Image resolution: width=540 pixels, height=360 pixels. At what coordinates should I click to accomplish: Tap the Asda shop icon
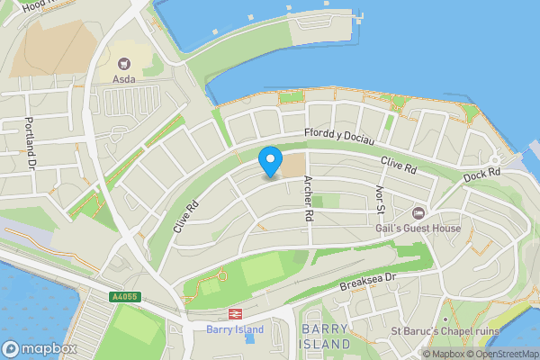point(124,63)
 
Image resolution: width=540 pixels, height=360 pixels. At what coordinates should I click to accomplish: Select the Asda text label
point(124,79)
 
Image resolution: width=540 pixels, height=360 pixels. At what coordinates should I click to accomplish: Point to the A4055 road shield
point(125,295)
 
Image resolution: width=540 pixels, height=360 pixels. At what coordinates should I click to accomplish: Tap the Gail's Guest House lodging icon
point(418,212)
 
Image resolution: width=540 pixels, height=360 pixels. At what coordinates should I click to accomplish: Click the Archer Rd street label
point(308,199)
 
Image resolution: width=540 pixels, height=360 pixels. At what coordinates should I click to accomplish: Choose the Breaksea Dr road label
point(368,284)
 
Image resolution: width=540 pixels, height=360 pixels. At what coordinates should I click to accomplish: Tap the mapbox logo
point(40,348)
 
